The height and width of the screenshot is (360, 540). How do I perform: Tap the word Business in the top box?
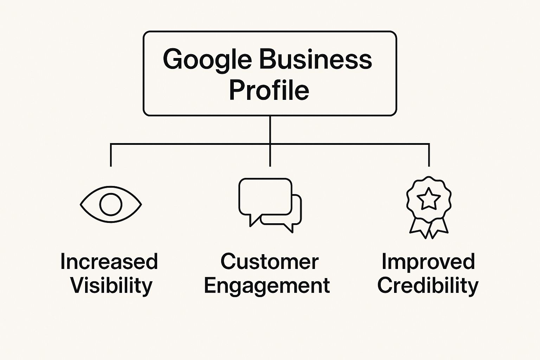coord(316,59)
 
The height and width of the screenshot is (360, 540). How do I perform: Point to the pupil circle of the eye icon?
coord(111,193)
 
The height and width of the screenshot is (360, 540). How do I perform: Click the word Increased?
coord(109,261)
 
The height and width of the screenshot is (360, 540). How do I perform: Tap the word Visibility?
coord(111,286)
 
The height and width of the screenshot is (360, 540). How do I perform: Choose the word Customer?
coord(270,262)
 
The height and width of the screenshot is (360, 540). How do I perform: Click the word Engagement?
coord(267,286)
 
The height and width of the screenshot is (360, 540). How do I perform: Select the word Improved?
coord(429,262)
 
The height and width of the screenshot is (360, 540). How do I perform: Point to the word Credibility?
coord(427,286)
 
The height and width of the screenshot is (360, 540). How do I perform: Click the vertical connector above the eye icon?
coord(111,155)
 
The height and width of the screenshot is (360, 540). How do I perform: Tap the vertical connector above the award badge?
coord(429,155)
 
